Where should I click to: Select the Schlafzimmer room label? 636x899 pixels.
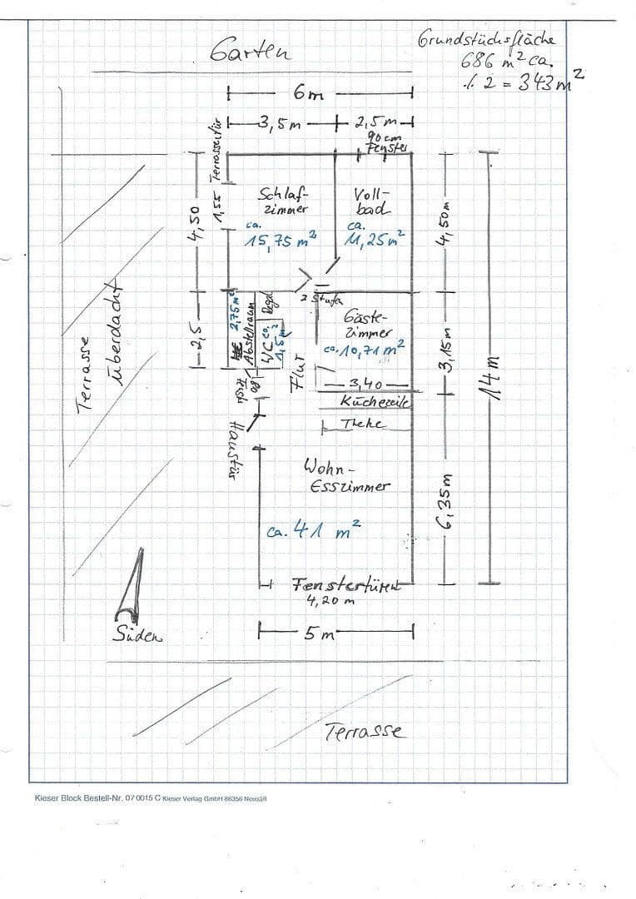(284, 201)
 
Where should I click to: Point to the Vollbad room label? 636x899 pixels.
(371, 201)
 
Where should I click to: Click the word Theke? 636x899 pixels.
(363, 425)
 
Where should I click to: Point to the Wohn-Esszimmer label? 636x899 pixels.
(347, 475)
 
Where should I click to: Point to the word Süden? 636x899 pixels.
(138, 635)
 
